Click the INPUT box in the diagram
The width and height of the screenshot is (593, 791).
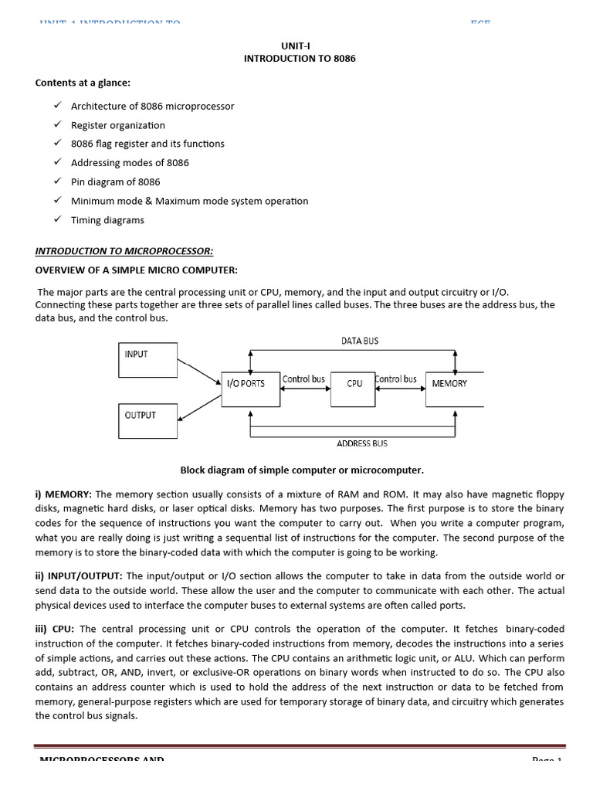click(x=147, y=360)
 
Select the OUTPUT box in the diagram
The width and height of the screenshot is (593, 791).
click(x=147, y=421)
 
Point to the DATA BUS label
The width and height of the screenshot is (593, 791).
click(x=360, y=341)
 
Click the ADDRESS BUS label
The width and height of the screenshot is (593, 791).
click(x=362, y=443)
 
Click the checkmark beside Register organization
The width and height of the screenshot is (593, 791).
click(x=57, y=124)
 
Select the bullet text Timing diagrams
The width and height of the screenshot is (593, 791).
click(x=107, y=220)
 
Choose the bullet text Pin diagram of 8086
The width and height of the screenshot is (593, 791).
click(x=115, y=182)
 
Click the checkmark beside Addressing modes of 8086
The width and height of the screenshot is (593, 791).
click(x=57, y=162)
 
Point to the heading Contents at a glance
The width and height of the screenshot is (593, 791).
click(x=83, y=83)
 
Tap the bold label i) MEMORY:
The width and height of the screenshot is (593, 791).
click(x=63, y=494)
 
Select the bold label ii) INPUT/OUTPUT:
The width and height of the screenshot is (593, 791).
click(x=79, y=576)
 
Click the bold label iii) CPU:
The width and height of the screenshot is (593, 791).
click(x=54, y=630)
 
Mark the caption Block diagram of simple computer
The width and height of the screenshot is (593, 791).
click(x=302, y=470)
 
